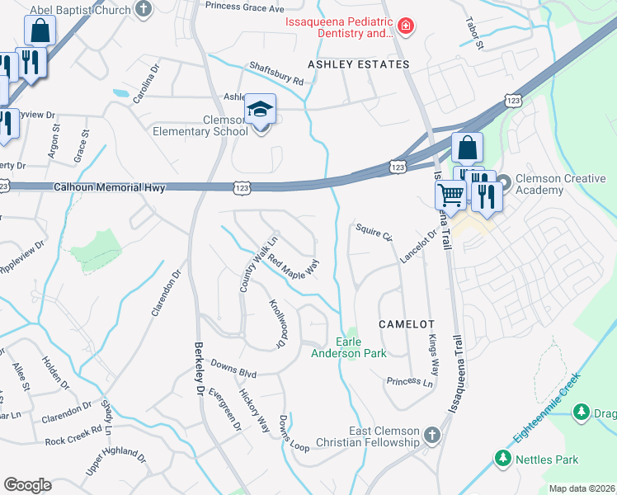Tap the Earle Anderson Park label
[x=349, y=347]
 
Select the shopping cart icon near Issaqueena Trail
[x=450, y=196]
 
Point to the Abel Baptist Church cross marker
[x=144, y=10]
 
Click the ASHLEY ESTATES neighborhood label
[x=346, y=64]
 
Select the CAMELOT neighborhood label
[x=406, y=325]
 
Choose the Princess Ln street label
[x=409, y=382]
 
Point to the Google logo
[x=27, y=485]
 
